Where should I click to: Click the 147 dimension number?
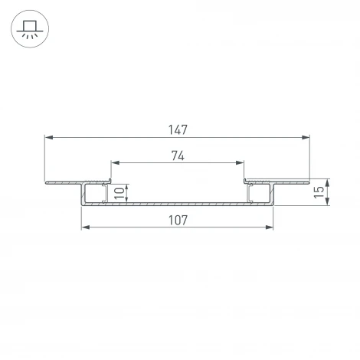tap(178, 129)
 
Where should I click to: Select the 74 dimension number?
tap(178, 155)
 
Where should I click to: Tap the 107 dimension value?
tap(178, 220)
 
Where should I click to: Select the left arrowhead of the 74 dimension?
tap(116, 163)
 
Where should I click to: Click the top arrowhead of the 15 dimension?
tap(327, 184)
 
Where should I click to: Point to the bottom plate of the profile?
tap(178, 204)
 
